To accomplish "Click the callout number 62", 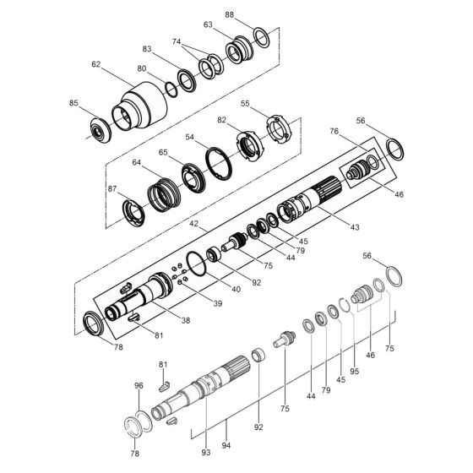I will (x=96, y=63).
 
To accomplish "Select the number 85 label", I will (x=74, y=103).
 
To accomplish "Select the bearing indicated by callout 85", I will (x=103, y=131).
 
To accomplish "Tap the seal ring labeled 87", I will (x=133, y=211).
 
